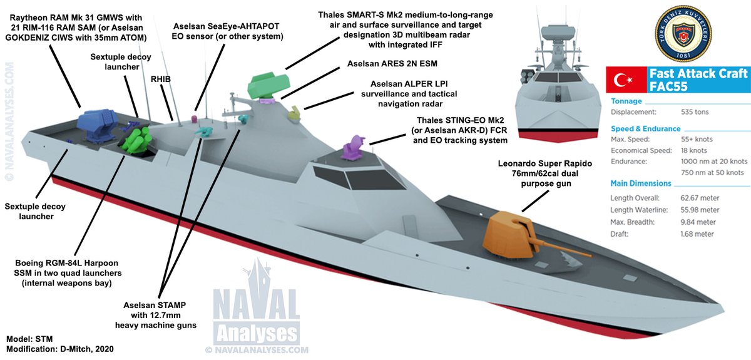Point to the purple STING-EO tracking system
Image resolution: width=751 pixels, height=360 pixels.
(354, 148)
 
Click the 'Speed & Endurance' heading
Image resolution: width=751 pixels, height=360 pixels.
(645, 128)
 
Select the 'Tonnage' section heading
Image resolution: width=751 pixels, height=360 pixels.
(626, 101)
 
